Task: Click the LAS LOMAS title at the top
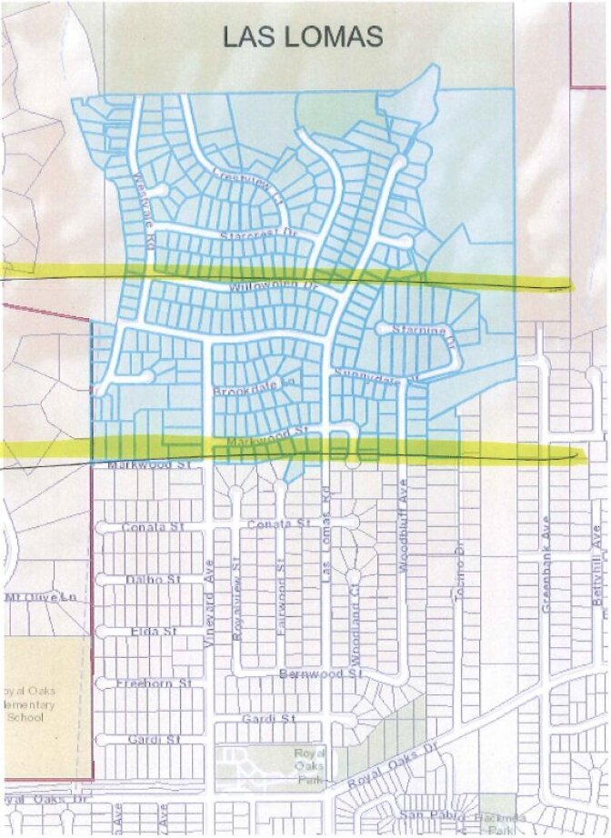click(304, 36)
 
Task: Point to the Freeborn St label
click(157, 682)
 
